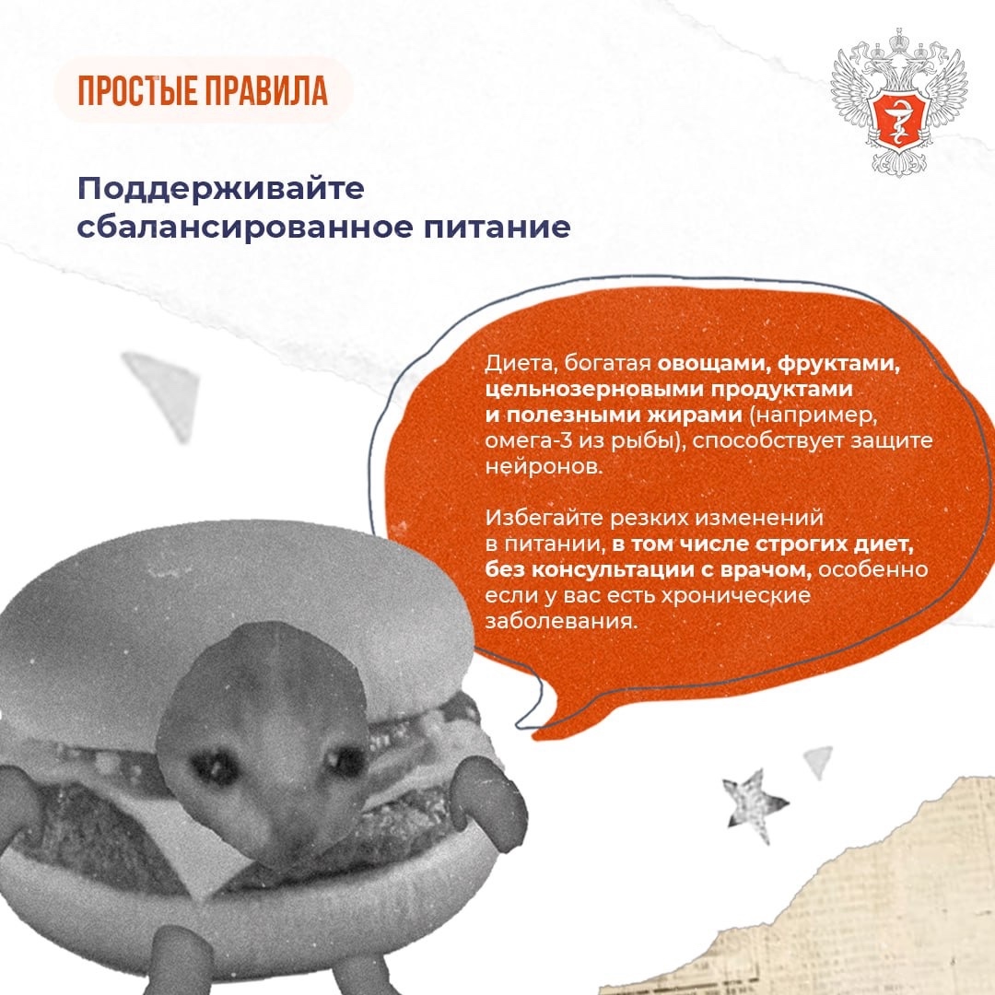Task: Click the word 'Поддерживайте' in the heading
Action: click(x=221, y=189)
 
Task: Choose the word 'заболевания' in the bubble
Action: click(x=562, y=622)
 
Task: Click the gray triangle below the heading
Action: click(x=166, y=387)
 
